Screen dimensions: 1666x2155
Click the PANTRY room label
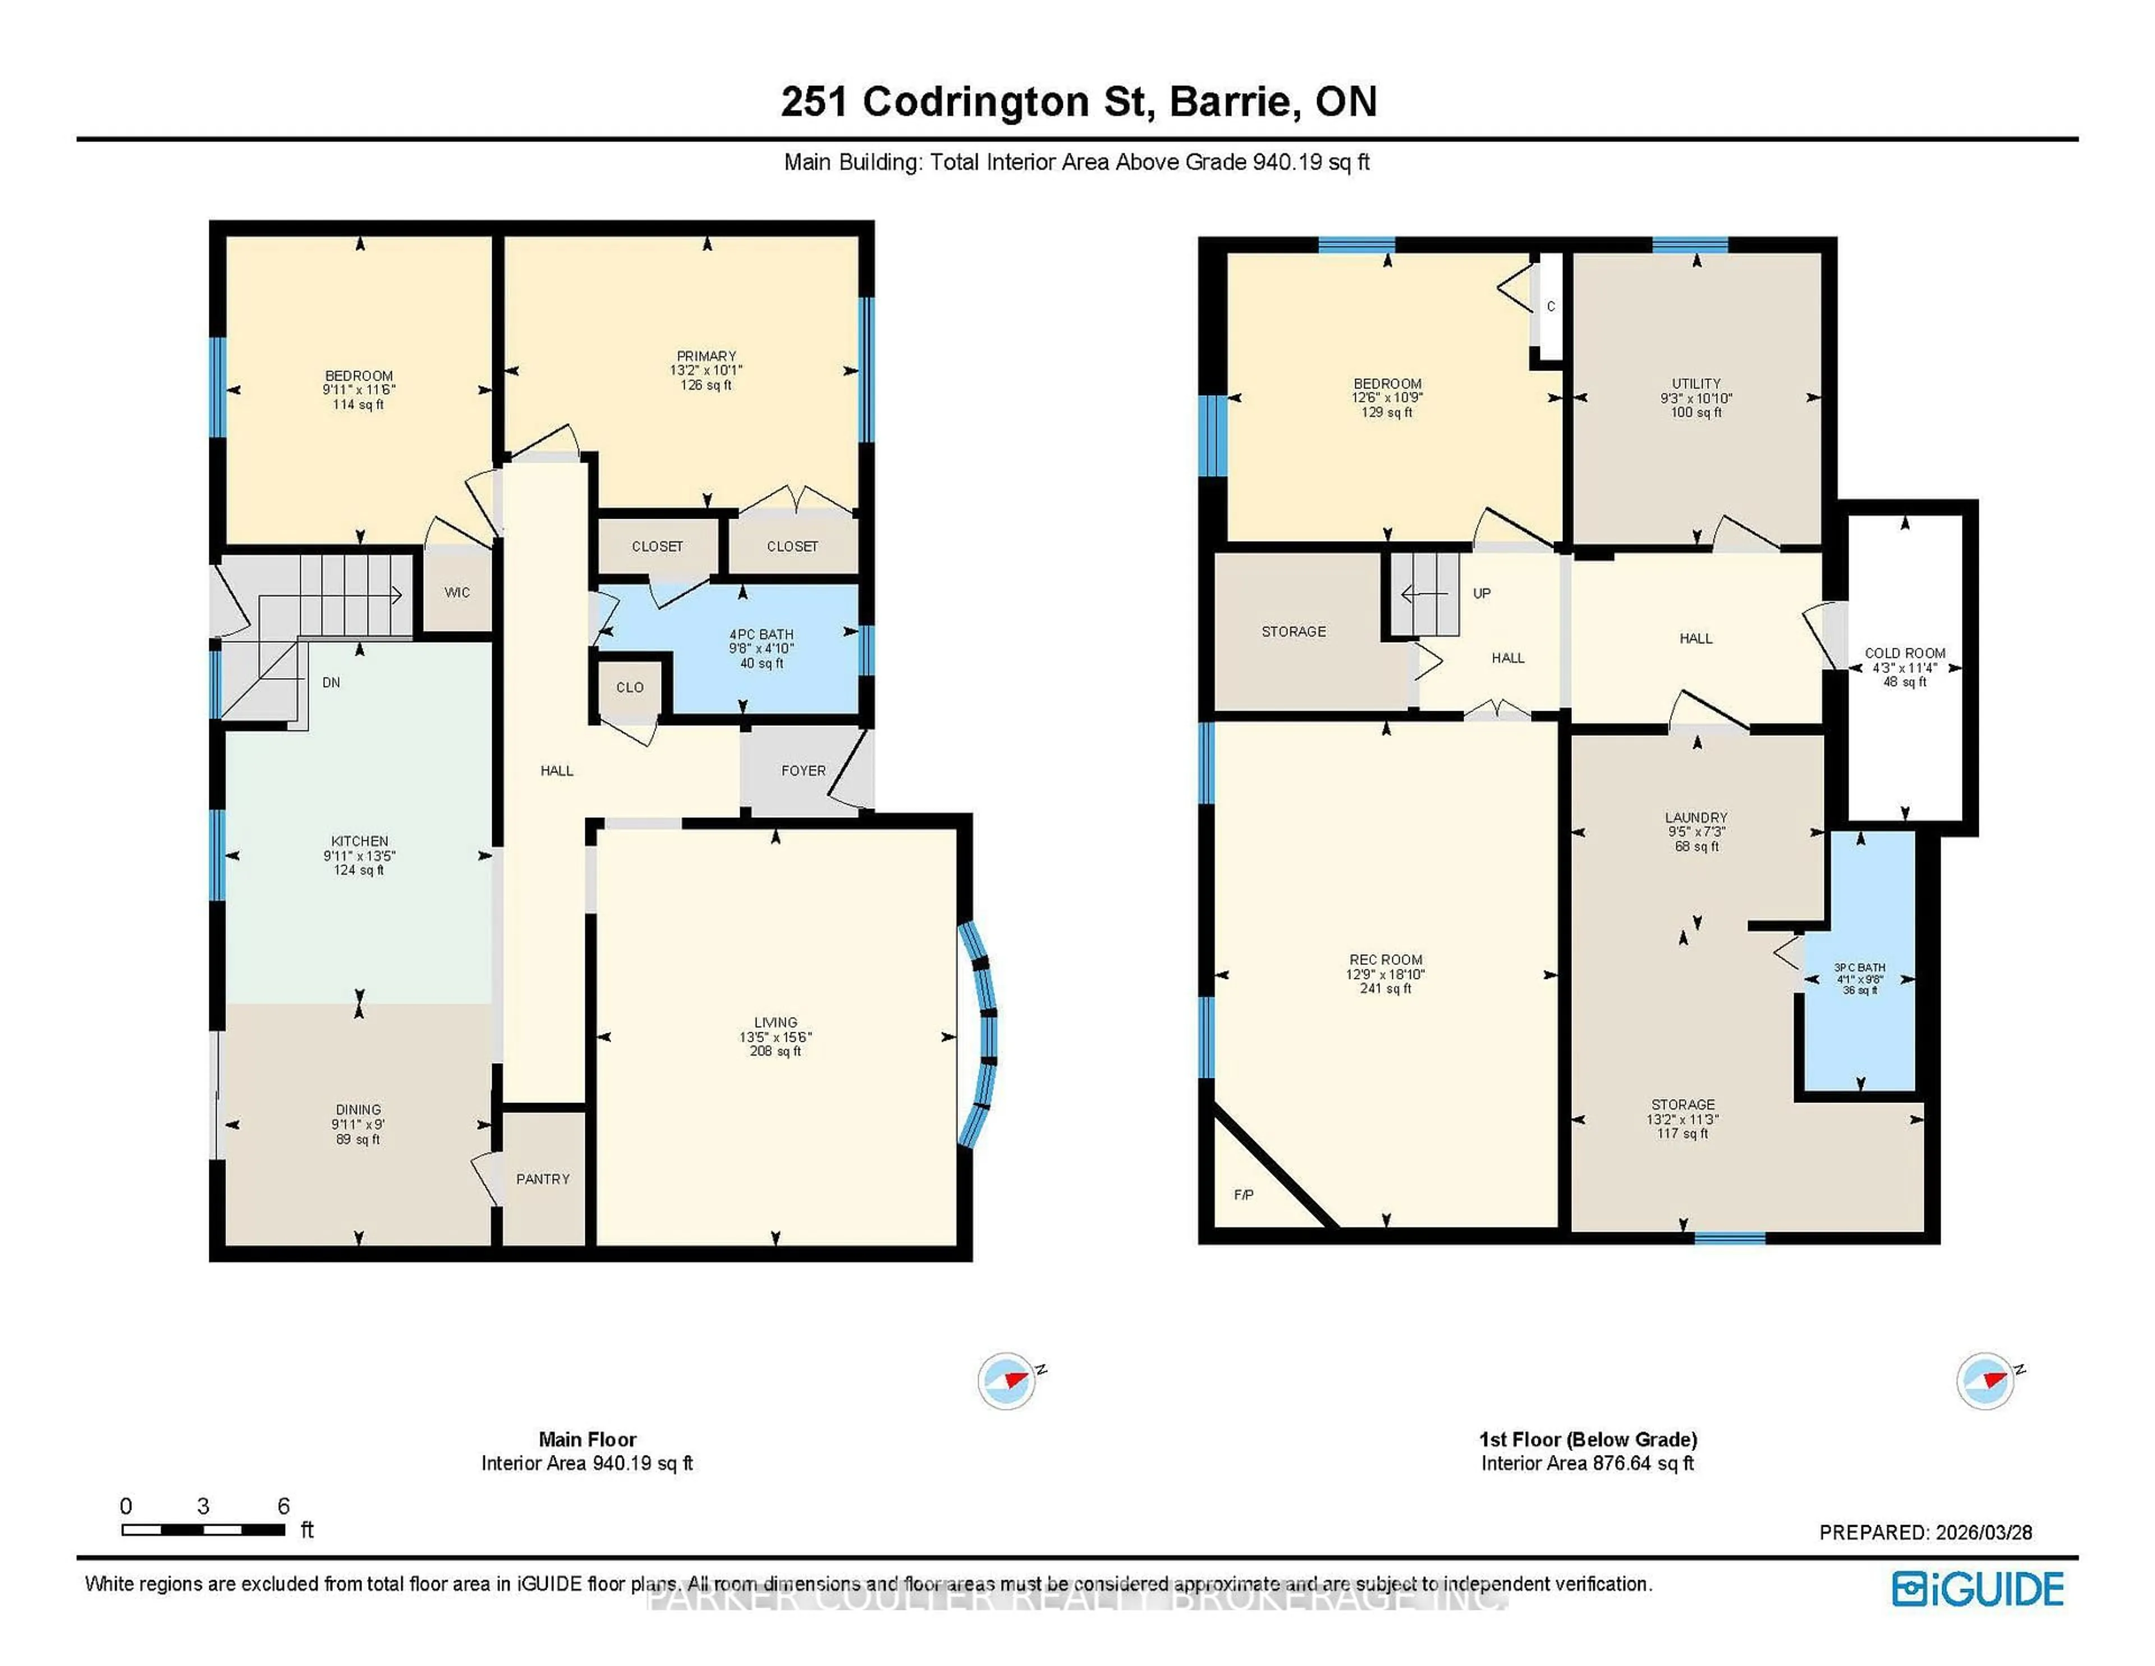[x=543, y=1178]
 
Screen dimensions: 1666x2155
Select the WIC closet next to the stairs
[x=457, y=592]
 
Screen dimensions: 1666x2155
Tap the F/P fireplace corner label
[x=1243, y=1195]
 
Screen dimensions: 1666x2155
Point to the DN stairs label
[x=332, y=682]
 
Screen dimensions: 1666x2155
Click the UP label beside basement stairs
[x=1481, y=593]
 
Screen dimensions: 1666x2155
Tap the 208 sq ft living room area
[x=776, y=1051]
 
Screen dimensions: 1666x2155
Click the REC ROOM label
[x=1386, y=959]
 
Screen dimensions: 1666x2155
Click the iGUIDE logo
[x=1978, y=1589]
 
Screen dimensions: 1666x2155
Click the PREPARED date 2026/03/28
[x=1983, y=1533]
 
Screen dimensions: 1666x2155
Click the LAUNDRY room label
[x=1696, y=817]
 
